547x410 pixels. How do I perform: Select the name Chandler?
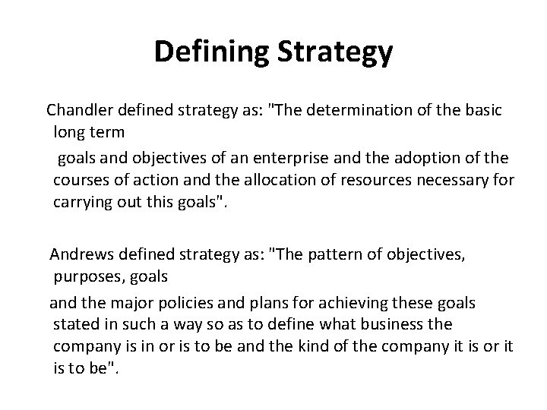tap(80, 110)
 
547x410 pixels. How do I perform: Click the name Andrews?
tap(79, 254)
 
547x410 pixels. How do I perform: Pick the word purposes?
tap(86, 277)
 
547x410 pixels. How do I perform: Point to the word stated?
tap(74, 324)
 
